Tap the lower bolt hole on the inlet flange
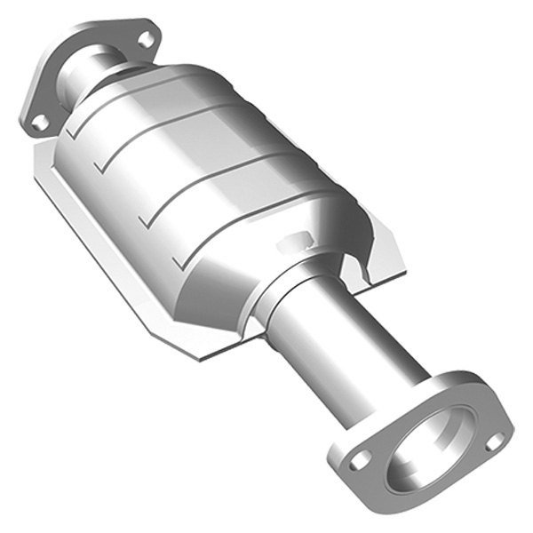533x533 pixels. [40, 123]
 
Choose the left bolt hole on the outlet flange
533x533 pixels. [360, 460]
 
